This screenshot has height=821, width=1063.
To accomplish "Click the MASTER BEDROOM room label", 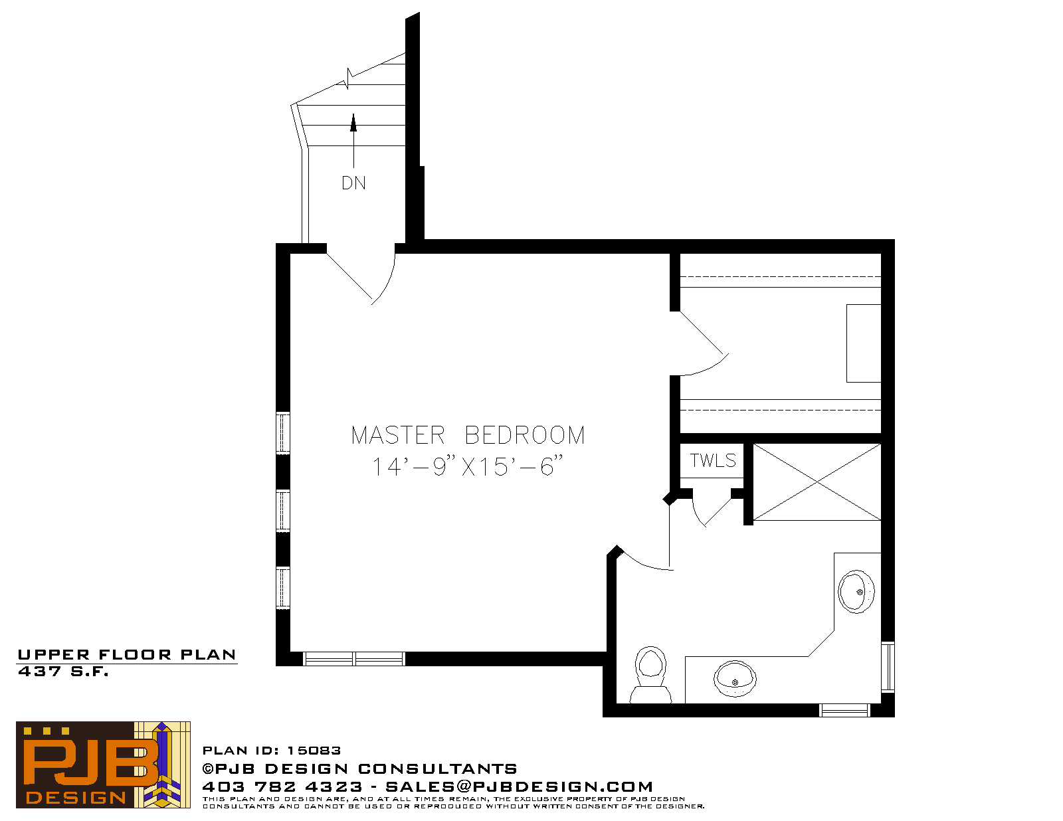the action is (x=468, y=434).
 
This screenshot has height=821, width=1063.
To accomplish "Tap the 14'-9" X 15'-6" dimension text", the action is (x=468, y=466).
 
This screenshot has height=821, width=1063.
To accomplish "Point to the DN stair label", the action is (x=353, y=183).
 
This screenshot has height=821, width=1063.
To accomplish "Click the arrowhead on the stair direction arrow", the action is (x=353, y=123).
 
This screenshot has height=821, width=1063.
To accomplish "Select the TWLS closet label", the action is (x=713, y=460).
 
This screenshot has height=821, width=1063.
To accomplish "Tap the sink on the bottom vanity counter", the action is (x=735, y=678).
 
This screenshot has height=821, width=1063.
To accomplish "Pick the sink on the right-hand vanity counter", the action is (x=856, y=592).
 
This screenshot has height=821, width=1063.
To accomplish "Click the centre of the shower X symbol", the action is (x=817, y=482).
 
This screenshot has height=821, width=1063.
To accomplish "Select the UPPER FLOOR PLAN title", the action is (x=127, y=655).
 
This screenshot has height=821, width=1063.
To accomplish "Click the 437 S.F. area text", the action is (x=63, y=672).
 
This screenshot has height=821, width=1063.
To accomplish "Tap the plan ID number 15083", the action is (x=314, y=751).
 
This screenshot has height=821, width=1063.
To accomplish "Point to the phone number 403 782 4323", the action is (x=282, y=786).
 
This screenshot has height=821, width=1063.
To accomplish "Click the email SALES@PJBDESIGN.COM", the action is (x=519, y=786).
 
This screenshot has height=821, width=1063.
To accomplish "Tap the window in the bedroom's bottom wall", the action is (x=353, y=659).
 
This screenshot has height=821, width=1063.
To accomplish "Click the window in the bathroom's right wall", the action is (x=888, y=667).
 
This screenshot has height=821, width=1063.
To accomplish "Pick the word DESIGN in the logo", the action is (x=76, y=798).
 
